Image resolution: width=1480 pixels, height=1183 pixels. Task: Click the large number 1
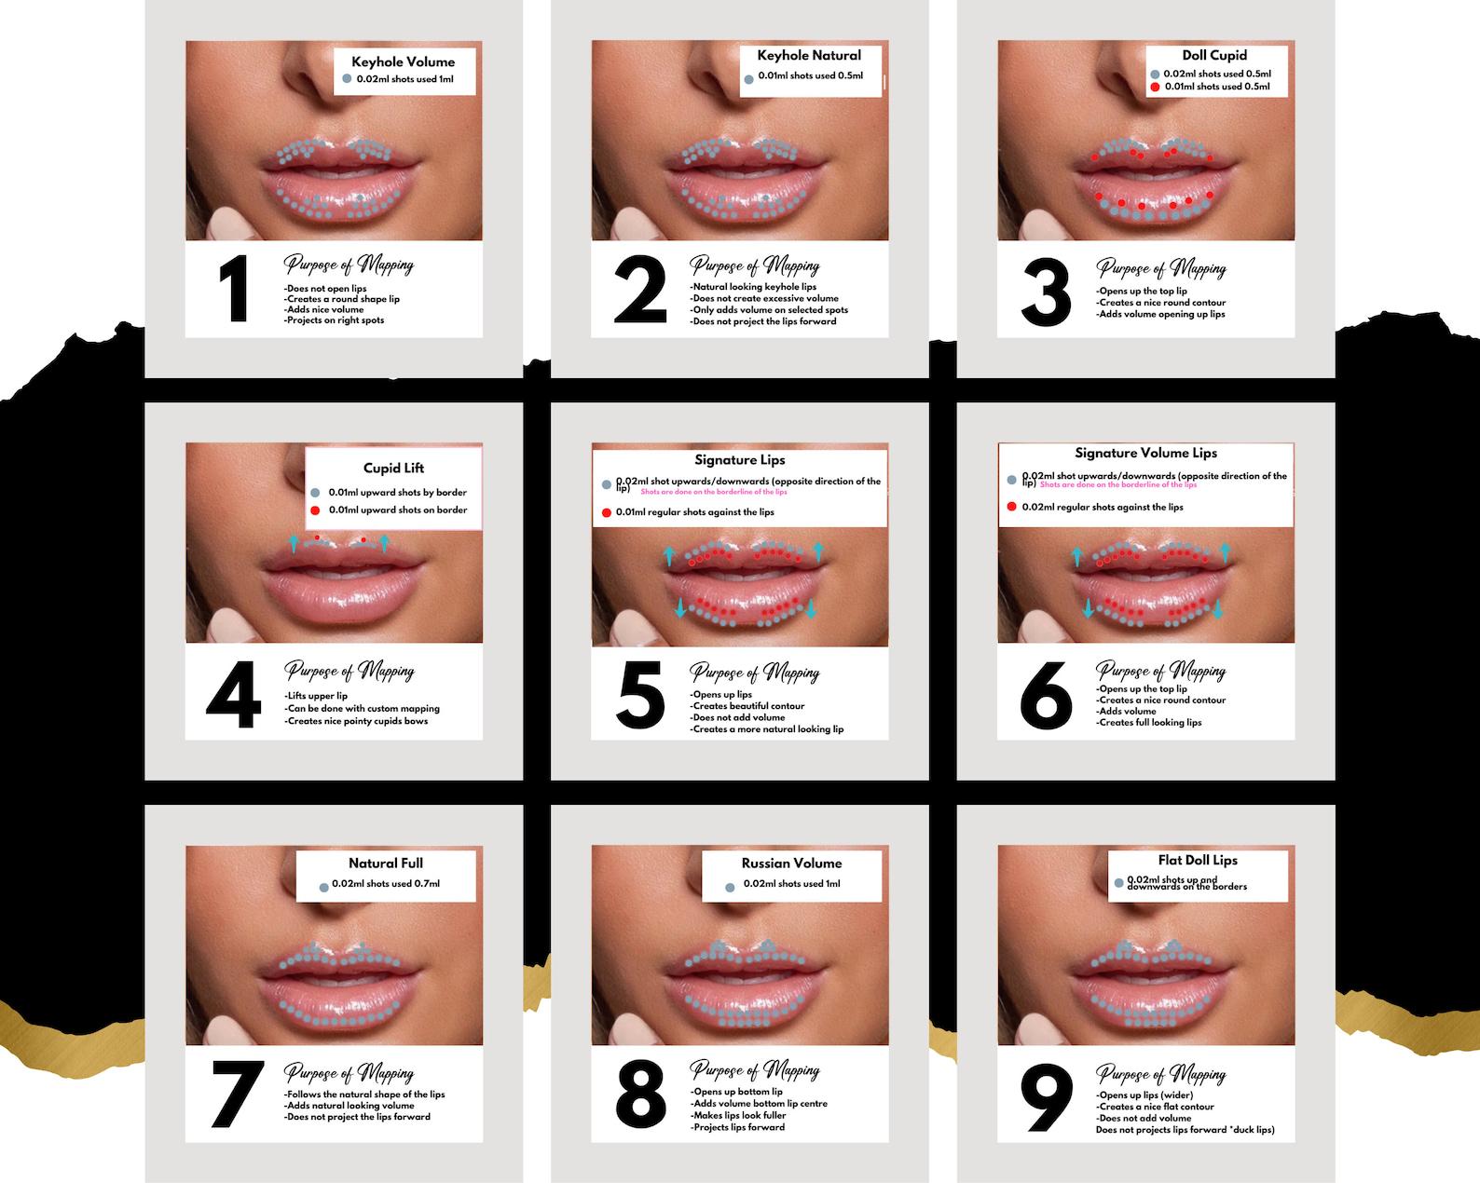click(x=233, y=290)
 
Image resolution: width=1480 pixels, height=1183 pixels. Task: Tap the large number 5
click(x=640, y=695)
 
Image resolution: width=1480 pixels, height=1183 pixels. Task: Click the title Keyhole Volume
click(x=404, y=62)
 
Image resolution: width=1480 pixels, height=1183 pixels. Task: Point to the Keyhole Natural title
click(x=809, y=56)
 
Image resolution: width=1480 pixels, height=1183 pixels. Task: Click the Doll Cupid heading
click(x=1213, y=56)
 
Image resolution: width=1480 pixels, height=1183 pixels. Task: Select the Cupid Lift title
click(x=393, y=469)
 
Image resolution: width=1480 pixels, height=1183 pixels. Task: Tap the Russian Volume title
click(x=791, y=863)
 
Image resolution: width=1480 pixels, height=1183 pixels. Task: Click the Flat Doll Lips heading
click(x=1198, y=861)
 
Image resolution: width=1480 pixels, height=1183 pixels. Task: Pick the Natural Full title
click(x=386, y=863)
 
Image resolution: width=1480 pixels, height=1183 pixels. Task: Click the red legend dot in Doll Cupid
click(x=1156, y=87)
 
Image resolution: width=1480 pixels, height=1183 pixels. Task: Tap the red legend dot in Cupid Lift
click(x=315, y=510)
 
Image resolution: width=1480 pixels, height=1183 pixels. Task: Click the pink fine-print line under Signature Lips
click(x=714, y=492)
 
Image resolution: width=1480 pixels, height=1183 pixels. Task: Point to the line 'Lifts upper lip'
click(x=317, y=696)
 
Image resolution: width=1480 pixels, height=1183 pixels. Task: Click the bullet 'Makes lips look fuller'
click(x=739, y=1115)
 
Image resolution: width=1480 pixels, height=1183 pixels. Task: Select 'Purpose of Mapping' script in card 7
click(x=349, y=1073)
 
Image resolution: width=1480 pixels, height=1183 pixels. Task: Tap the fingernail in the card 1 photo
click(x=224, y=224)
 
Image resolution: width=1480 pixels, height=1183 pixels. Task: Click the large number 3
click(x=1046, y=292)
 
